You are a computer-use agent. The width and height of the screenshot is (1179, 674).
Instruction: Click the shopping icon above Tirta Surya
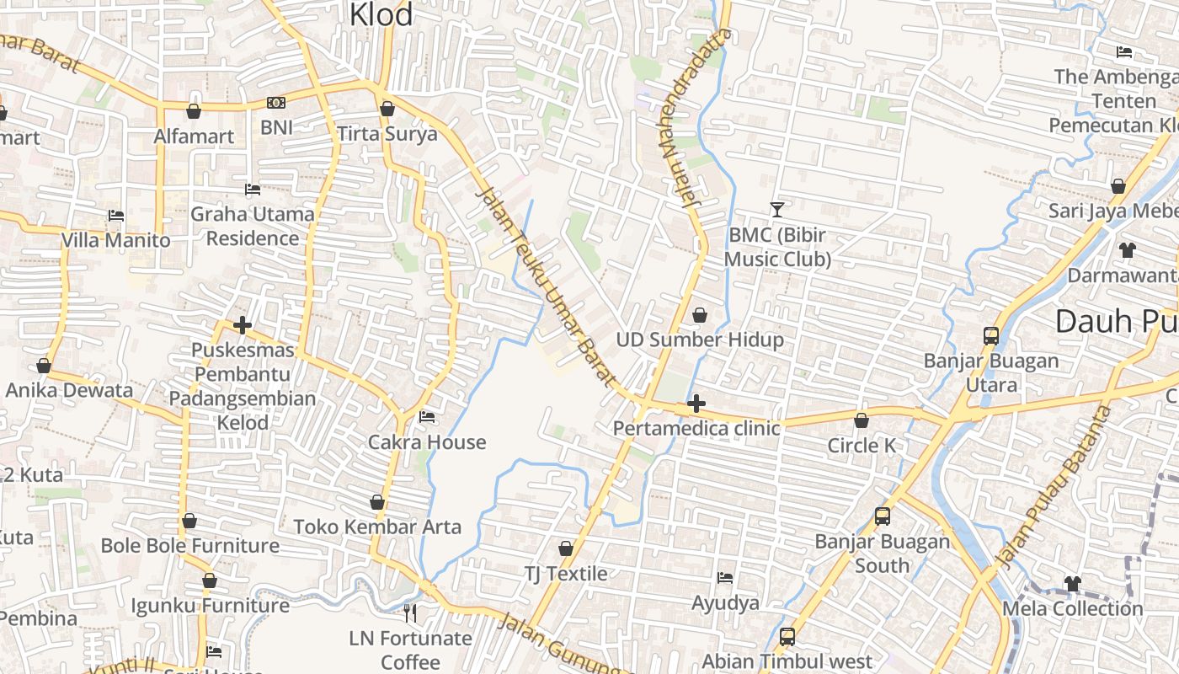click(387, 109)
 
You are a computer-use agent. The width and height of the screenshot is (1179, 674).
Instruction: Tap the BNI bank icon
click(275, 103)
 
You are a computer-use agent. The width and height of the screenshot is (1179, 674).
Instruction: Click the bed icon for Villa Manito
click(116, 217)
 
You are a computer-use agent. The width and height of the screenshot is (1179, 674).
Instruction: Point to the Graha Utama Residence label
click(253, 226)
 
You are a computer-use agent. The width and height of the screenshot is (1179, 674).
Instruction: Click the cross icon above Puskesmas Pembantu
click(243, 325)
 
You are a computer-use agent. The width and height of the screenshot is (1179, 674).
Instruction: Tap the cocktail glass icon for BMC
click(776, 209)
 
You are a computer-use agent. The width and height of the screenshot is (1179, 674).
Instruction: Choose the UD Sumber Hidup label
click(700, 340)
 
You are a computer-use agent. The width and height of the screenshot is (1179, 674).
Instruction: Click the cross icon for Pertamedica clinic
click(696, 404)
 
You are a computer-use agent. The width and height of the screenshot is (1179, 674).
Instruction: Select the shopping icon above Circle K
click(862, 420)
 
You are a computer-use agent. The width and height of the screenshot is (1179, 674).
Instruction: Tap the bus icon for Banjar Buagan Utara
click(991, 336)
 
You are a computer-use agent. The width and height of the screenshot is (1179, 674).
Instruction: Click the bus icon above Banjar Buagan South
click(882, 516)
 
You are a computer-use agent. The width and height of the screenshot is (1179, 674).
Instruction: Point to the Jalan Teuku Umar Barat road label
click(547, 286)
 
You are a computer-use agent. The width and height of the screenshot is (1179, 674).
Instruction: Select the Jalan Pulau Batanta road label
click(1054, 489)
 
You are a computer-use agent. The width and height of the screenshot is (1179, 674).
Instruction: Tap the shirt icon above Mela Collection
click(1072, 583)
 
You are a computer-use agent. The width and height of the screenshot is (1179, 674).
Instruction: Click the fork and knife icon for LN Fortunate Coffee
click(410, 612)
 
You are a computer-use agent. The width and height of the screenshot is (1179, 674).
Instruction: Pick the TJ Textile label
click(566, 574)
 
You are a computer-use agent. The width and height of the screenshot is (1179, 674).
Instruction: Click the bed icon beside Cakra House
click(427, 417)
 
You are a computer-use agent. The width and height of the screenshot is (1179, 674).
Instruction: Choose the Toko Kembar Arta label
click(377, 527)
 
